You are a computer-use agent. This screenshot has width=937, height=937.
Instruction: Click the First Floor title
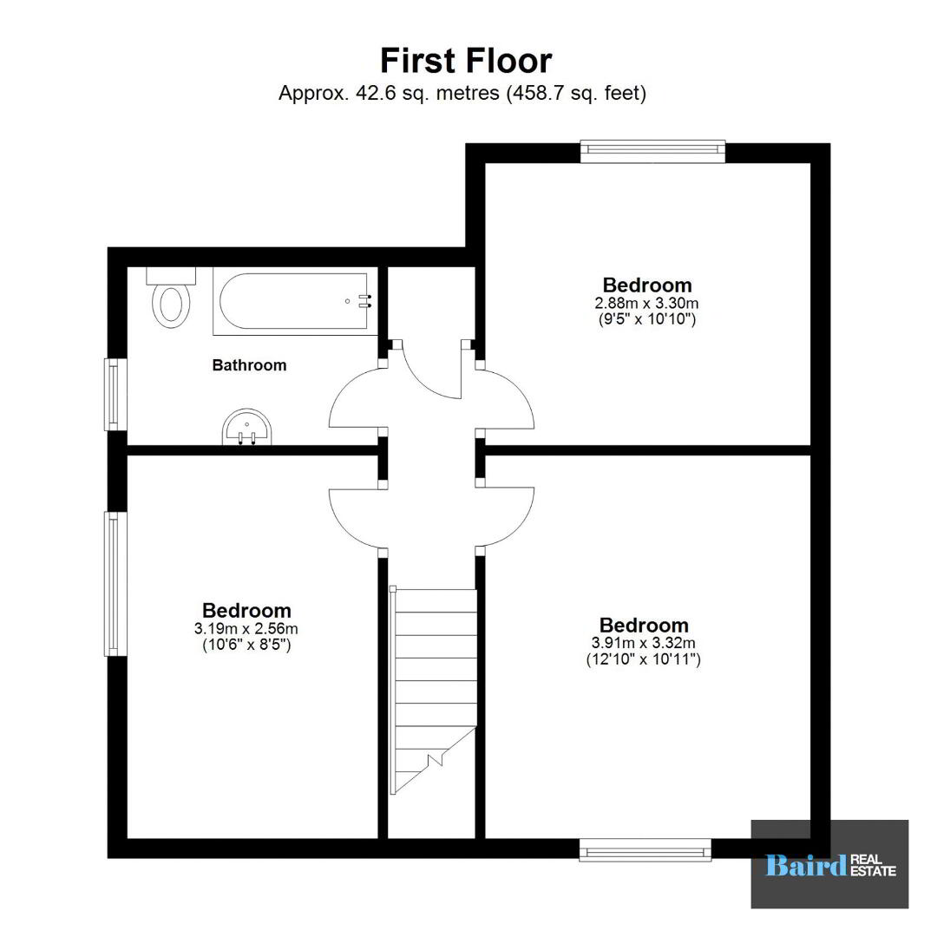(466, 61)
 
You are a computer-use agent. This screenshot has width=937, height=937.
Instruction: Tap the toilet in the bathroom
(172, 298)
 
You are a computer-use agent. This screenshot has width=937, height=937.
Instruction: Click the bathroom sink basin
(246, 427)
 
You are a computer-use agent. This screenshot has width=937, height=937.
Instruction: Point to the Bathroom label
(249, 365)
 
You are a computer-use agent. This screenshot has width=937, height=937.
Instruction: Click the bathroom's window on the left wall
(115, 395)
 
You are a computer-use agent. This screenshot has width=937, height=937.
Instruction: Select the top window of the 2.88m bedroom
(653, 151)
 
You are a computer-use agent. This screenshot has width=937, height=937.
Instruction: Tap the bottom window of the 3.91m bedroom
(645, 849)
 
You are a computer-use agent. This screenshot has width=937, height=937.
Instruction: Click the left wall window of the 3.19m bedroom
(115, 584)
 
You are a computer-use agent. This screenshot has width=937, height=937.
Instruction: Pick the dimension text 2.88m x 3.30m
(646, 303)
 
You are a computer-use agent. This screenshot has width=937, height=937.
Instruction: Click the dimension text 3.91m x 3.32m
(644, 643)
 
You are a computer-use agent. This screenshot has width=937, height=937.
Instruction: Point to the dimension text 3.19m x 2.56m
(246, 629)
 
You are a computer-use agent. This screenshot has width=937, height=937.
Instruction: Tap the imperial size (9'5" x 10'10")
(647, 319)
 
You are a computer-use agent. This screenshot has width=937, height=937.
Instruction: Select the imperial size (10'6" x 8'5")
(246, 645)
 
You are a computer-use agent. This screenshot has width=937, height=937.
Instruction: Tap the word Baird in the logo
(805, 865)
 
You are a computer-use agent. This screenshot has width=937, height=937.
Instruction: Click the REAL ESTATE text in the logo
(873, 865)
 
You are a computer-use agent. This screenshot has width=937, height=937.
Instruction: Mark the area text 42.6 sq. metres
(428, 93)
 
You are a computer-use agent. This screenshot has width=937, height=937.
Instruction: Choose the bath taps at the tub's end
(364, 301)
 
